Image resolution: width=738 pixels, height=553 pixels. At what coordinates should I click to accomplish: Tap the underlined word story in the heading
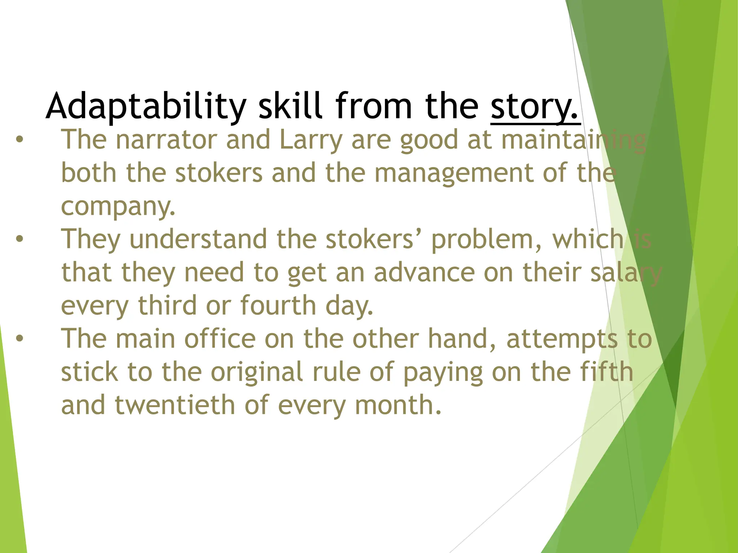click(535, 106)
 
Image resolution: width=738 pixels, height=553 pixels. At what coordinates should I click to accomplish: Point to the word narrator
click(166, 140)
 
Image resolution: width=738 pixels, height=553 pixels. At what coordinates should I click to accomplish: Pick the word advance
click(424, 273)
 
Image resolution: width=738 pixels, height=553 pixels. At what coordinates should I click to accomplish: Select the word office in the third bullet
click(220, 339)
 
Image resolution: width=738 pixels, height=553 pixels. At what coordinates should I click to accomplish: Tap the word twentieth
click(175, 405)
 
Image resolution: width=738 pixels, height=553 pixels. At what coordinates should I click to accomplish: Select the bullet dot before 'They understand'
click(19, 239)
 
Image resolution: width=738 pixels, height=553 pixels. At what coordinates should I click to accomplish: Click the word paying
click(443, 373)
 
